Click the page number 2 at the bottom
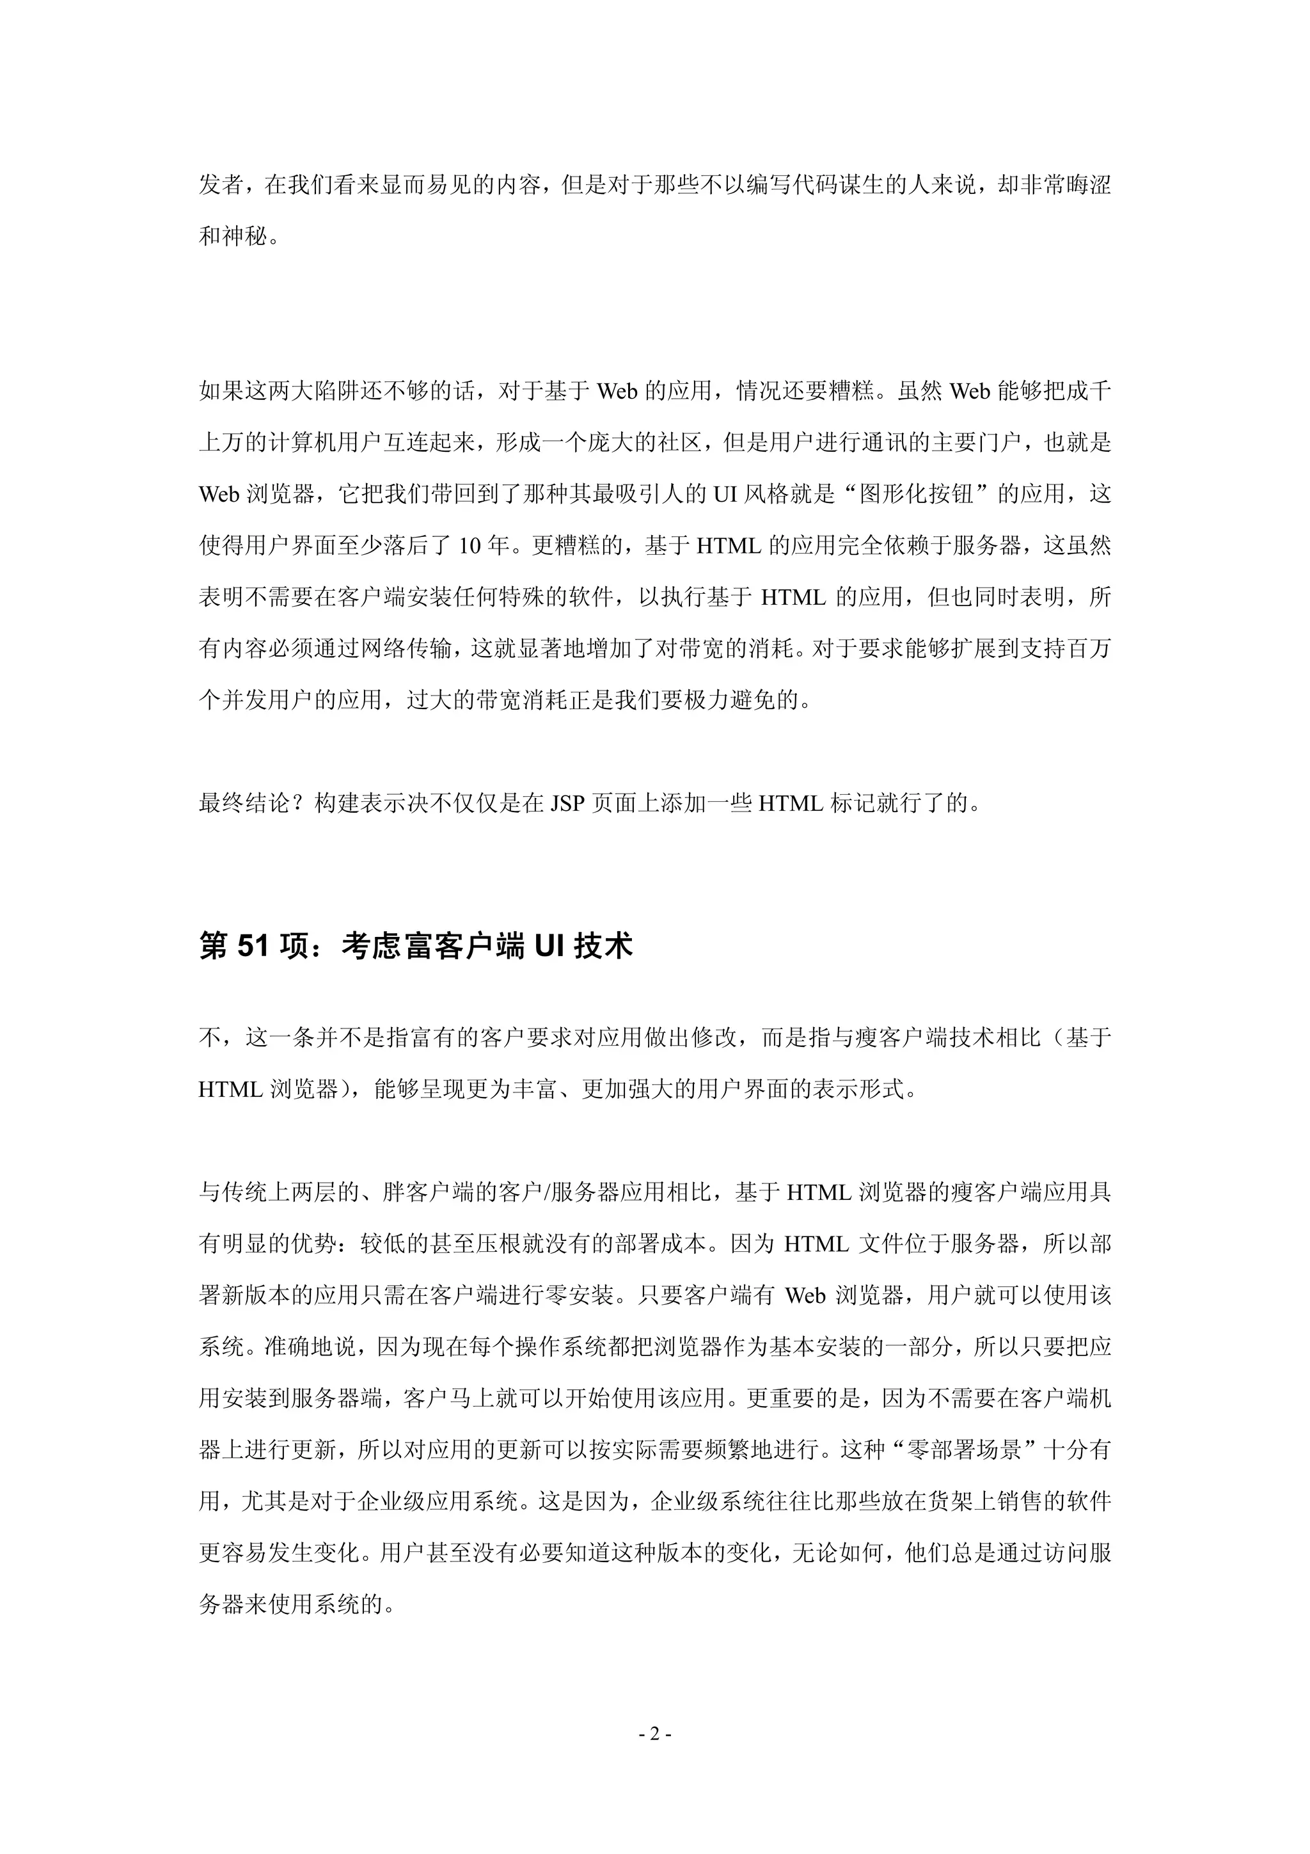click(654, 1733)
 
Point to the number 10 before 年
click(471, 546)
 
